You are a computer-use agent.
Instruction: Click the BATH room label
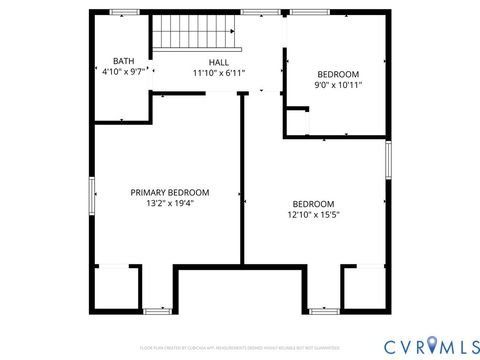pos(123,61)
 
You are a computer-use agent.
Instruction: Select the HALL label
pos(218,61)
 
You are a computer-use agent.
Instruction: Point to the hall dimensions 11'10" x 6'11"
pos(218,72)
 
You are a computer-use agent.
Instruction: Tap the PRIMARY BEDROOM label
pos(170,192)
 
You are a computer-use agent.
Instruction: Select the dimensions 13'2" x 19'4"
pos(170,203)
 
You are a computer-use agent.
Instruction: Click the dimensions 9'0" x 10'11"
pos(338,85)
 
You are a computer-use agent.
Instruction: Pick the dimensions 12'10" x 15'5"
pos(313,214)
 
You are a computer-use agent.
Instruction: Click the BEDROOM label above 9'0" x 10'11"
pos(338,74)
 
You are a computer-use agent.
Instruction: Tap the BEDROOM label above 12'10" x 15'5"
pos(313,203)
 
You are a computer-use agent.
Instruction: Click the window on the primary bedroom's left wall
pos(91,193)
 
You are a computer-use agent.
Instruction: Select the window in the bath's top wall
pos(124,12)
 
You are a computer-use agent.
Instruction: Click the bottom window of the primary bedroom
pos(157,311)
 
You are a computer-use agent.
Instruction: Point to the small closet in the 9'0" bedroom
pos(295,122)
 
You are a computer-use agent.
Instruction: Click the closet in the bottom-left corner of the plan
pos(114,287)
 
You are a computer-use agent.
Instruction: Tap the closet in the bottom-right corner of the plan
pos(364,287)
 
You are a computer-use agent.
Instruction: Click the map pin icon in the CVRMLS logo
pos(431,345)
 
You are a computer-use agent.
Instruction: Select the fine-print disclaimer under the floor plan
pos(239,347)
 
